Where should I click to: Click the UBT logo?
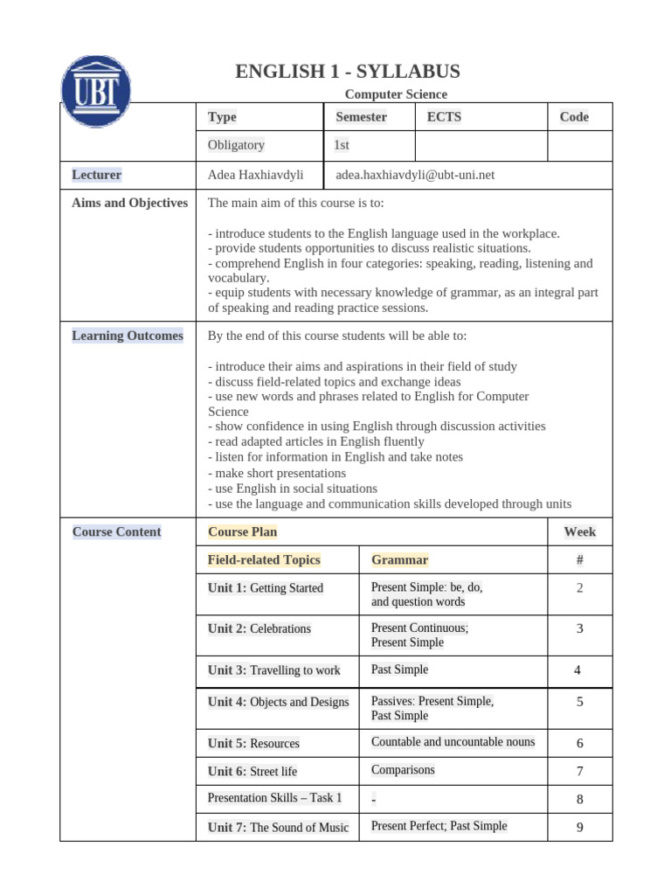[x=96, y=91]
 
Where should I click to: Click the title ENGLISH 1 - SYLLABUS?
[x=348, y=72]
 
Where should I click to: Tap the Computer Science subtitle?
[x=396, y=94]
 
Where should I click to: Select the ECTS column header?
[x=444, y=117]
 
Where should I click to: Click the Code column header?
[x=574, y=117]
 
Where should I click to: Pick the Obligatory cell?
[x=236, y=145]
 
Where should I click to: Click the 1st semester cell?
[x=342, y=145]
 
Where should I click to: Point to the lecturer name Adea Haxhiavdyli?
[x=255, y=175]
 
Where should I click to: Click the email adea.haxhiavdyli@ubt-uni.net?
[x=415, y=175]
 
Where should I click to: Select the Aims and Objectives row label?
[x=129, y=203]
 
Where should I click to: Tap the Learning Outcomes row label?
[x=128, y=336]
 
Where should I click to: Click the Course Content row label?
[x=117, y=531]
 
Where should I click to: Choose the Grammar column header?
[x=399, y=559]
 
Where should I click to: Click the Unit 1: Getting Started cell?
[x=266, y=588]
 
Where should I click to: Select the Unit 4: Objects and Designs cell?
[x=278, y=702]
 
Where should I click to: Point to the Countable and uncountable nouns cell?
[x=453, y=742]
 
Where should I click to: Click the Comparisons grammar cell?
[x=403, y=770]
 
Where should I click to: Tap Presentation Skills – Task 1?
[x=274, y=798]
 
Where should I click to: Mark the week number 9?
[x=579, y=827]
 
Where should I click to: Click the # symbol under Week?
[x=579, y=559]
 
